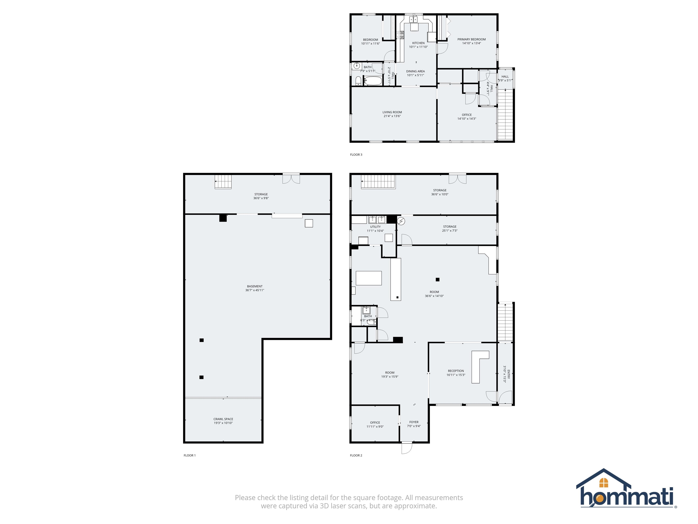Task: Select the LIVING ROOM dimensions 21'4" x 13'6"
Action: pyautogui.click(x=392, y=116)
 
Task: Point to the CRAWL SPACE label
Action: pyautogui.click(x=223, y=419)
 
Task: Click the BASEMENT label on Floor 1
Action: pyautogui.click(x=255, y=286)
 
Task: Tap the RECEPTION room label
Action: pyautogui.click(x=456, y=371)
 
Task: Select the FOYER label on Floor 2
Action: pyautogui.click(x=414, y=422)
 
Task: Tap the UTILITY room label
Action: pyautogui.click(x=375, y=227)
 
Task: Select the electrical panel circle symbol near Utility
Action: pyautogui.click(x=401, y=221)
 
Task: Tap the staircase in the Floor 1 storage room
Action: pyautogui.click(x=223, y=182)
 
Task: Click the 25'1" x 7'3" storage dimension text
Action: pyautogui.click(x=450, y=231)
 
